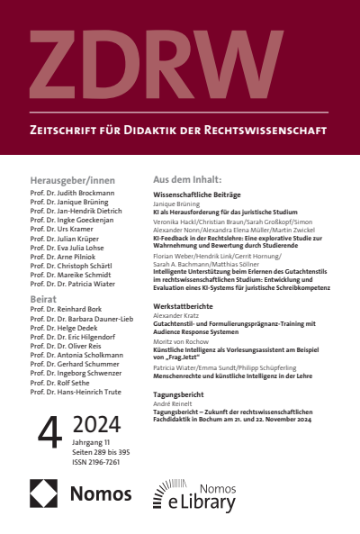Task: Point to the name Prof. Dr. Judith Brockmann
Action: coord(72,193)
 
